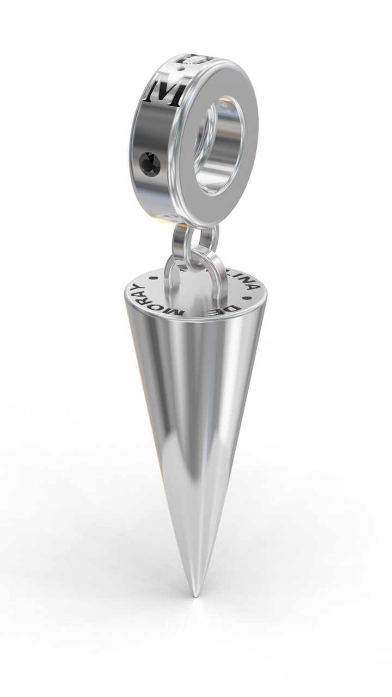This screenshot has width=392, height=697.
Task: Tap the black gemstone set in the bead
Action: [150, 164]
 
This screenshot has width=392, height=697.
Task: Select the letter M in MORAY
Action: [177, 311]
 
